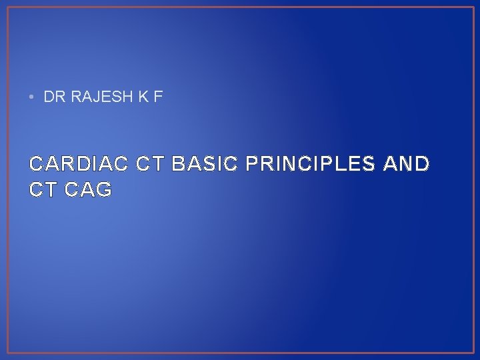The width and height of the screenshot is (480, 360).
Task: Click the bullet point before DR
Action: [31, 97]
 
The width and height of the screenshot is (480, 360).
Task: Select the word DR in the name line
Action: [51, 97]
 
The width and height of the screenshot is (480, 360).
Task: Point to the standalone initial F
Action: [157, 97]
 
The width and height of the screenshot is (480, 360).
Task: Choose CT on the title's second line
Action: [43, 190]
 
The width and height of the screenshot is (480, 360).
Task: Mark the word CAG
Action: [89, 190]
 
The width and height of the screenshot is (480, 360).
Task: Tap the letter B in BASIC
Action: [178, 164]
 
